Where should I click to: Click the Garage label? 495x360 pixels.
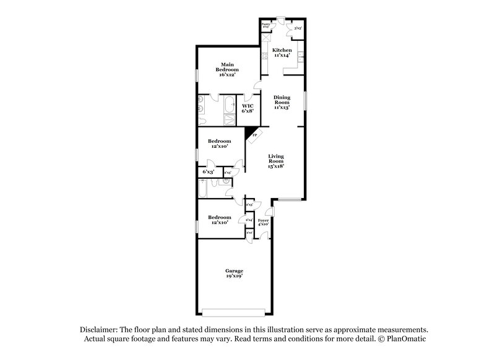tap(234, 273)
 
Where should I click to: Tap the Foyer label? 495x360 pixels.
tap(263, 221)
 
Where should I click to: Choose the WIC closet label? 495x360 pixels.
tap(248, 108)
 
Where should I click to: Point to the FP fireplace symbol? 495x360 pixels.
tap(254, 135)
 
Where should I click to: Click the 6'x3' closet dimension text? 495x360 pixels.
tap(209, 171)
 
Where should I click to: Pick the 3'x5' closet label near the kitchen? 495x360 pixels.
tap(298, 28)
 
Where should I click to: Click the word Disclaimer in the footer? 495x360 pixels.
tap(98, 330)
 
